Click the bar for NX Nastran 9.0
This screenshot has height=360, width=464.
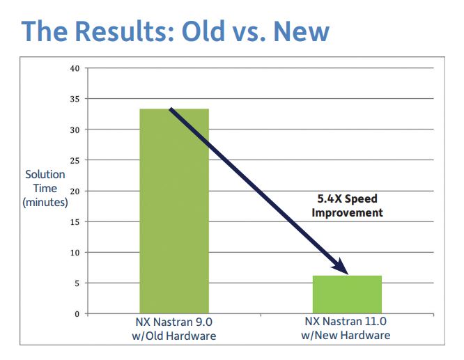pos(174,211)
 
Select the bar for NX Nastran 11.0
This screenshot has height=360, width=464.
pos(347,295)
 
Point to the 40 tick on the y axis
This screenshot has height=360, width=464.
pos(75,68)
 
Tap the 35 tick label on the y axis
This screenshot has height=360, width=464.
pos(75,99)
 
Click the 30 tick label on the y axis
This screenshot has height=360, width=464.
pos(75,130)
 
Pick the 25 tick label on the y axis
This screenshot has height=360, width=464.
pos(75,161)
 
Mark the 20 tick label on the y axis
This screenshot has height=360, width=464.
pos(75,191)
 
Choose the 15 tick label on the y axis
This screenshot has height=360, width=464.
pos(75,222)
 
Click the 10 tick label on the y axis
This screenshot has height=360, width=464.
pos(75,253)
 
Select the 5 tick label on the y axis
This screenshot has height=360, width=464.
pos(77,283)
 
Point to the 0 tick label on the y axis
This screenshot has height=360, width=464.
pos(77,314)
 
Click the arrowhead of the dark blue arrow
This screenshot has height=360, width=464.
pos(341,267)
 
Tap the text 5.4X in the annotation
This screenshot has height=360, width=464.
pos(330,198)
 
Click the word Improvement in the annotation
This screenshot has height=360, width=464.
pos(347,212)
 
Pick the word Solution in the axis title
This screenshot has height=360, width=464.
pos(45,175)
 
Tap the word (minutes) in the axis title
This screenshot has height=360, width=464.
pos(45,203)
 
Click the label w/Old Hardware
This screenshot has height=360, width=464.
pos(174,336)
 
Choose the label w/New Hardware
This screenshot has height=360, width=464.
pos(346,336)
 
